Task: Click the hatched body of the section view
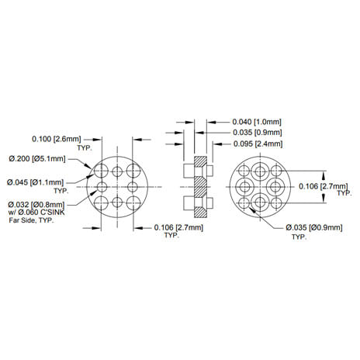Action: coord(199,186)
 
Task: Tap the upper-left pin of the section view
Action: coord(187,170)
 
